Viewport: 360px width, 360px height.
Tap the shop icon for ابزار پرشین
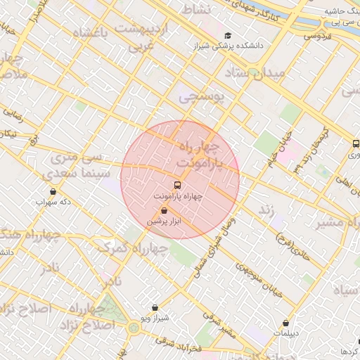[164, 210]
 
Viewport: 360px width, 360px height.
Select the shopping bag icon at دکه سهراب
[53, 191]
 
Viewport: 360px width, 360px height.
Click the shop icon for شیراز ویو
[155, 307]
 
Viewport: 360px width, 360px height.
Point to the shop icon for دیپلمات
[285, 323]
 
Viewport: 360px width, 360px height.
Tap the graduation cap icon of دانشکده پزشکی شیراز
[226, 36]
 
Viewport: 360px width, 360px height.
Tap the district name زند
[266, 210]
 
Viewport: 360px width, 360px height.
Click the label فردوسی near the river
[318, 36]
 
